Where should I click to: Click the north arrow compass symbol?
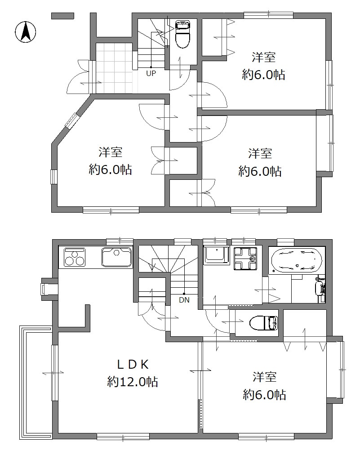pyautogui.click(x=26, y=32)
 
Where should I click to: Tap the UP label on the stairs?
pyautogui.click(x=151, y=73)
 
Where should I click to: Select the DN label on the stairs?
pyautogui.click(x=184, y=300)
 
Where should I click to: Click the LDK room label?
pyautogui.click(x=133, y=365)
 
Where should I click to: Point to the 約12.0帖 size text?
pyautogui.click(x=133, y=382)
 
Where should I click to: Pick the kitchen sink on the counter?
pyautogui.click(x=116, y=257)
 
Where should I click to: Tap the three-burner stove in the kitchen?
pyautogui.click(x=75, y=257)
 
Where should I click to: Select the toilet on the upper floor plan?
pyautogui.click(x=183, y=35)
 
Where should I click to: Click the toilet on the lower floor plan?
pyautogui.click(x=263, y=323)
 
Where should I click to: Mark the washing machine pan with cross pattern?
pyautogui.click(x=245, y=258)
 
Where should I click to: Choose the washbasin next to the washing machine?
pyautogui.click(x=217, y=256)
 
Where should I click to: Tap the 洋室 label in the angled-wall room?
pyautogui.click(x=111, y=152)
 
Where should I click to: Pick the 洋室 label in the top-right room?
pyautogui.click(x=263, y=57)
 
